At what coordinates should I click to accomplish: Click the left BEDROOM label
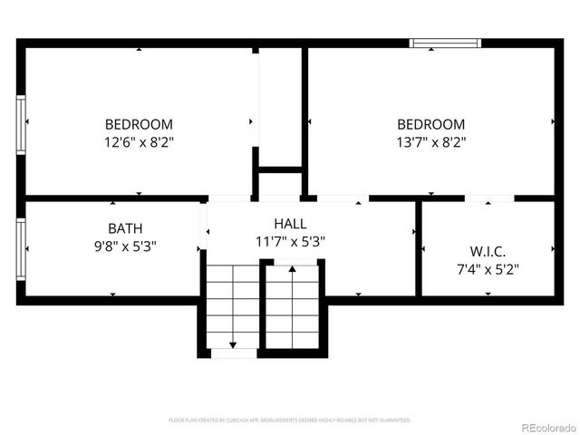(139, 124)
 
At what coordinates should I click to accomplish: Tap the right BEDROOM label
(431, 124)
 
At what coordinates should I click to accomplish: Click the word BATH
(125, 228)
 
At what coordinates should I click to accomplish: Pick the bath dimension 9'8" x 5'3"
(125, 246)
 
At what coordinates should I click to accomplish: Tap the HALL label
(290, 223)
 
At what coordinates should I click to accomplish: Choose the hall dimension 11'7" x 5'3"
(290, 241)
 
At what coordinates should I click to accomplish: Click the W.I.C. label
(488, 251)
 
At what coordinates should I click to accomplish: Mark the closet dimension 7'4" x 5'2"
(488, 268)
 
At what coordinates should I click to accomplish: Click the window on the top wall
(444, 42)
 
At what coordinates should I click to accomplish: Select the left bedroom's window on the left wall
(20, 124)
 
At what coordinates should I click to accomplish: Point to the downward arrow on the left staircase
(233, 342)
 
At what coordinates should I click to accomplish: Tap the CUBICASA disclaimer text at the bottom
(290, 420)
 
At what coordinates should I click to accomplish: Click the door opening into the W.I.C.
(489, 198)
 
